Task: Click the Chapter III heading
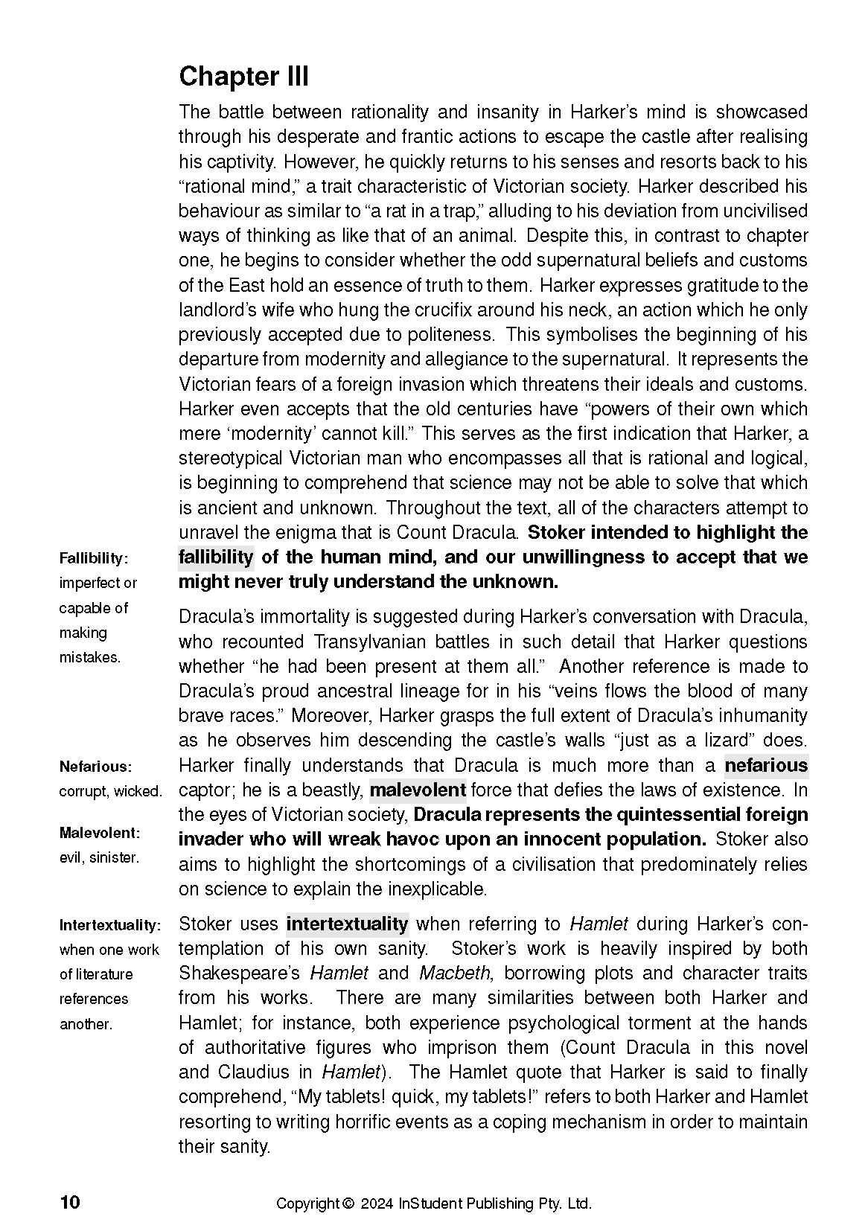pyautogui.click(x=243, y=77)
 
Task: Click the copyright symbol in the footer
pyautogui.click(x=347, y=1203)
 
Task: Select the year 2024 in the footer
pyautogui.click(x=377, y=1203)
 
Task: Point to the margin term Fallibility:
pyautogui.click(x=94, y=558)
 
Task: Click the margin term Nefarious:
pyautogui.click(x=95, y=767)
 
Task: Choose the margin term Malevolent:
pyautogui.click(x=99, y=833)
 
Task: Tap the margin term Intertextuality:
pyautogui.click(x=110, y=925)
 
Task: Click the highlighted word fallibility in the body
pyautogui.click(x=216, y=557)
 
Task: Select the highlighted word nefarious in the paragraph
pyautogui.click(x=766, y=765)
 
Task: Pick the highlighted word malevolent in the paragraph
pyautogui.click(x=418, y=790)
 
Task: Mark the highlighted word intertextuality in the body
pyautogui.click(x=347, y=924)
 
